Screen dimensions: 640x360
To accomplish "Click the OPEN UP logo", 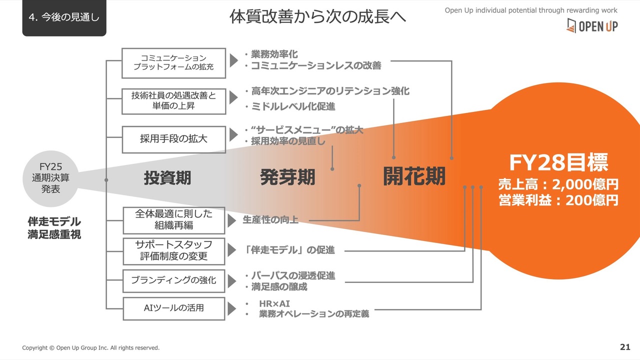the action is pos(592,25).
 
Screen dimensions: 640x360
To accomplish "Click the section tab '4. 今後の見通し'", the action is pos(64,17).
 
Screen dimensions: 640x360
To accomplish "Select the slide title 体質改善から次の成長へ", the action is pos(317,16).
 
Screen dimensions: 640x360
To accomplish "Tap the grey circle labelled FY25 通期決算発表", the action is pos(50,178).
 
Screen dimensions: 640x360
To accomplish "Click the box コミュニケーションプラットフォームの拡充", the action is pos(173,63).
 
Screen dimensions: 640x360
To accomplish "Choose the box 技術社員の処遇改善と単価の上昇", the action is pos(173,101).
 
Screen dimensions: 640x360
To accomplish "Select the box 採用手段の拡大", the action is pos(173,139).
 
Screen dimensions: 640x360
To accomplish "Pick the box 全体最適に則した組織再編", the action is pos(173,220).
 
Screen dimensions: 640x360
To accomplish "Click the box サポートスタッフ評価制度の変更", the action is pos(173,251).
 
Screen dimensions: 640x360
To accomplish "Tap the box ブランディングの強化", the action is pos(173,280).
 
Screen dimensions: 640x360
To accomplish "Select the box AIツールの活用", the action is pos(173,308).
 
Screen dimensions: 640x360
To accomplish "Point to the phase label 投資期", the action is pos(167,177).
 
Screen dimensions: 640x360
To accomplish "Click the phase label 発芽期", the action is pos(287,177).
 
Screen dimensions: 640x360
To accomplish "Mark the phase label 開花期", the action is pos(414,176).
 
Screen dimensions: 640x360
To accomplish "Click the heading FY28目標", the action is pos(558,162).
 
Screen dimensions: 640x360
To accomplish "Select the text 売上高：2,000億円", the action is pos(558,184).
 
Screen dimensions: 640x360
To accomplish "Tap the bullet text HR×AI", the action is pos(274,303).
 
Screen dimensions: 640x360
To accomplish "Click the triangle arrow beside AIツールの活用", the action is pos(231,309).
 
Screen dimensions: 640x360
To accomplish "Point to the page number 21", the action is pos(625,347).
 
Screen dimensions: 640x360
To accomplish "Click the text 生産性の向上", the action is pos(270,219).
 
